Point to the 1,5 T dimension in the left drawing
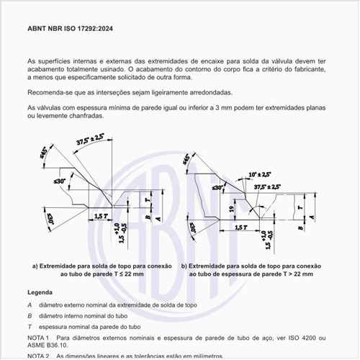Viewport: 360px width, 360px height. [101, 216]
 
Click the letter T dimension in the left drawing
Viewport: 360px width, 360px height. [147, 199]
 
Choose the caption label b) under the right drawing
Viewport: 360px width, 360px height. [185, 266]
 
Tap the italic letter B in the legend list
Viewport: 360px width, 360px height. [30, 315]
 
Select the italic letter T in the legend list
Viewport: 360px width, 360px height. [30, 326]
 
